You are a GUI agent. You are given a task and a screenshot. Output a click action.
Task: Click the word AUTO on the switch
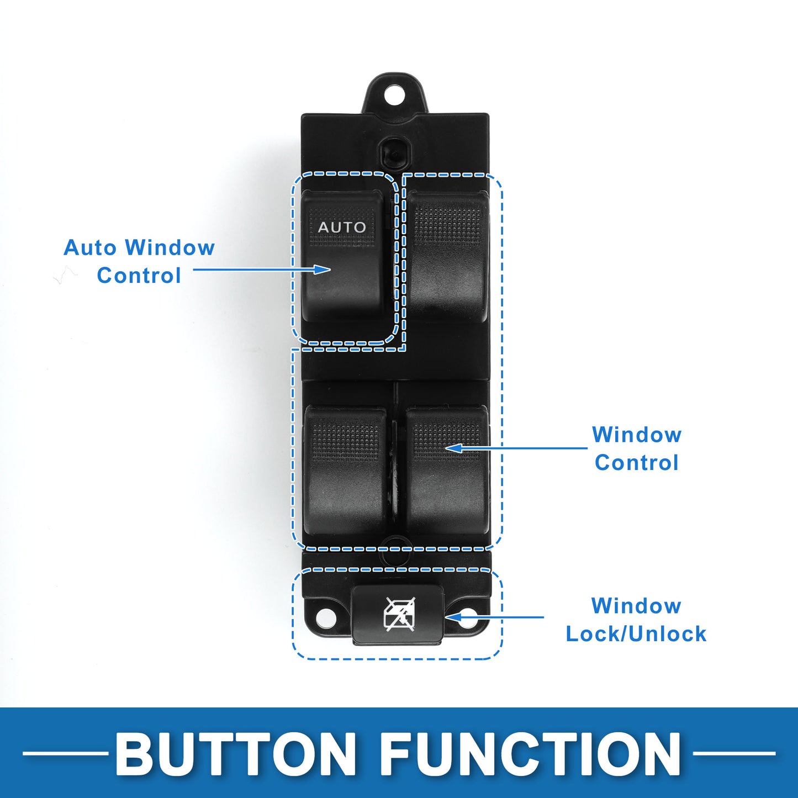(x=342, y=227)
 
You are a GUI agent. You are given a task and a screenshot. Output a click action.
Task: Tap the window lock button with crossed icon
(x=398, y=615)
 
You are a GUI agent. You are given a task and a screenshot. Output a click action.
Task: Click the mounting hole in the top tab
(x=395, y=96)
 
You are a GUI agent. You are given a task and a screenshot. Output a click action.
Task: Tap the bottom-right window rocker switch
(x=446, y=471)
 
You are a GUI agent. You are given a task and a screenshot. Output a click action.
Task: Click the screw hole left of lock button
(x=326, y=619)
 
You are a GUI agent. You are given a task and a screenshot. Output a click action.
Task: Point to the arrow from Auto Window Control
(x=262, y=269)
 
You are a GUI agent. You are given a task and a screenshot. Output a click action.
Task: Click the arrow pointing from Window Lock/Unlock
(x=494, y=617)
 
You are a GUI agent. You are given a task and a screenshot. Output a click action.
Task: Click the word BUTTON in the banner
(x=236, y=753)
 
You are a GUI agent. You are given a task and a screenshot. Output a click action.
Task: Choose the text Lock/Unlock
(x=636, y=634)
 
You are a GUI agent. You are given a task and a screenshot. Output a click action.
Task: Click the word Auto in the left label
(x=90, y=247)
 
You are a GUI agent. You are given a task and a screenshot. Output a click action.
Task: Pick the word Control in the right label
(x=637, y=462)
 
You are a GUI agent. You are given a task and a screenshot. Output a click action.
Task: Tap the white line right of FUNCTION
(x=734, y=753)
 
